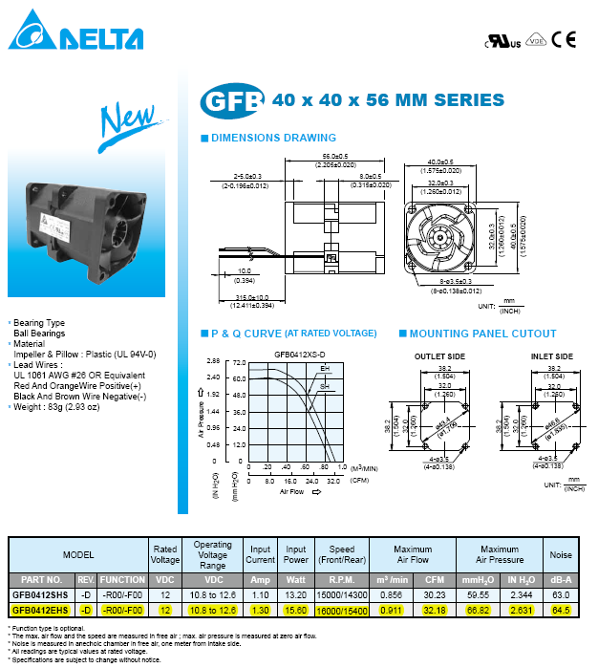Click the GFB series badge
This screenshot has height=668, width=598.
tap(233, 100)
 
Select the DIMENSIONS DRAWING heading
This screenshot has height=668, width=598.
tap(273, 139)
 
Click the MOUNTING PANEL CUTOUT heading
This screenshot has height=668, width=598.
tap(482, 334)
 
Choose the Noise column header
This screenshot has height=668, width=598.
tap(560, 556)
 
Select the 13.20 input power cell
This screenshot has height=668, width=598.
tap(297, 593)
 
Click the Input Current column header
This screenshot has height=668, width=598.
tap(261, 556)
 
